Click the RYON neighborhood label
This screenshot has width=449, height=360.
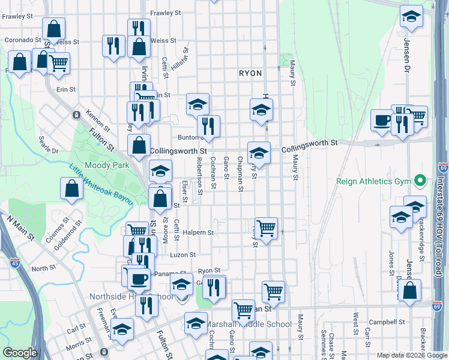point(250,73)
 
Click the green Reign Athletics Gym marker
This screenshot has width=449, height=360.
point(420,180)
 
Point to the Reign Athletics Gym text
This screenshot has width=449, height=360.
point(376,180)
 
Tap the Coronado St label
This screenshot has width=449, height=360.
point(19,40)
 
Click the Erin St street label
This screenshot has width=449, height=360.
point(65,89)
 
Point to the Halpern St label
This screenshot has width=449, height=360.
point(198,233)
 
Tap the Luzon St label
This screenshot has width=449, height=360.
point(183,255)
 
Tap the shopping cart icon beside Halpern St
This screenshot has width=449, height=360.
point(266,227)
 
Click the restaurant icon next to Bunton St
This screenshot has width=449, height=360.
point(208,126)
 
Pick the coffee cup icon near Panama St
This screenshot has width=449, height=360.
point(139,278)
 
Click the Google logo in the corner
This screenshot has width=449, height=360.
point(20,353)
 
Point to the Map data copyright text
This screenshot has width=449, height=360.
point(411,355)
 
